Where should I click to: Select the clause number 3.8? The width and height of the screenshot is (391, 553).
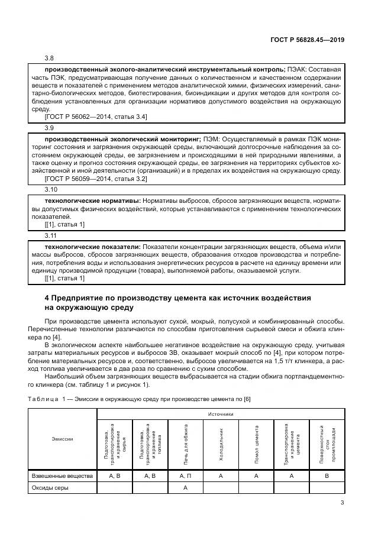coord(49,58)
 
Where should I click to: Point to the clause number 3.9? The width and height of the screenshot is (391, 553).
coord(49,127)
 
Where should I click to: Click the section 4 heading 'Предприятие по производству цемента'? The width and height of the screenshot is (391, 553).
coord(177,297)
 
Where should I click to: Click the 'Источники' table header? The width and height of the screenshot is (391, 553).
coord(221,415)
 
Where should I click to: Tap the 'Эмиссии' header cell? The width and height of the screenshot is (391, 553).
coord(62,439)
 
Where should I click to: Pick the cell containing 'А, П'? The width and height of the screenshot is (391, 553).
coord(185,475)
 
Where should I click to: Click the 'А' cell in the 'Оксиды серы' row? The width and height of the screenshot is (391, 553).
coord(185,488)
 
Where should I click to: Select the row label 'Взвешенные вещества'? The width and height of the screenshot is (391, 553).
coord(62,475)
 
